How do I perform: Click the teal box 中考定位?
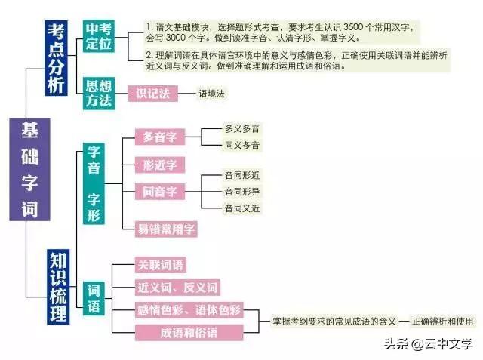(x=99, y=35)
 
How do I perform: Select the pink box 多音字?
(x=159, y=137)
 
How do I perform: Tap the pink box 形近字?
(x=159, y=165)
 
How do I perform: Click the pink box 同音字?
(x=159, y=192)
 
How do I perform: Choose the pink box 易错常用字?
(x=166, y=228)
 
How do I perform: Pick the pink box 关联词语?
(x=160, y=265)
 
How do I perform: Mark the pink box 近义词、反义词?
(x=177, y=288)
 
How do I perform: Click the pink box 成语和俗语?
(x=189, y=331)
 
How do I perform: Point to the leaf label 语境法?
(x=212, y=94)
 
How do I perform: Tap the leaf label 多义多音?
(x=241, y=129)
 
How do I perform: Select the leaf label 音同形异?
(x=241, y=191)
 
